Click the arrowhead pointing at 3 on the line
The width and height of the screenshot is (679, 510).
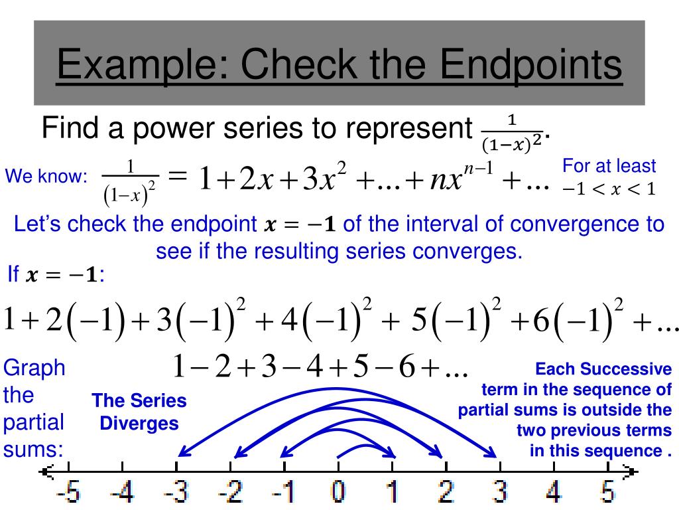coord(492,454)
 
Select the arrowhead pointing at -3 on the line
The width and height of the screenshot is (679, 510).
coord(182,454)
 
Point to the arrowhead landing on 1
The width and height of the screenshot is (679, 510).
coord(393,455)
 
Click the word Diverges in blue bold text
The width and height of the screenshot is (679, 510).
coord(139,423)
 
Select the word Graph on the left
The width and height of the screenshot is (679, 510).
coord(34,367)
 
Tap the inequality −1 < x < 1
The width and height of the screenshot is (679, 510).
coord(609,189)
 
